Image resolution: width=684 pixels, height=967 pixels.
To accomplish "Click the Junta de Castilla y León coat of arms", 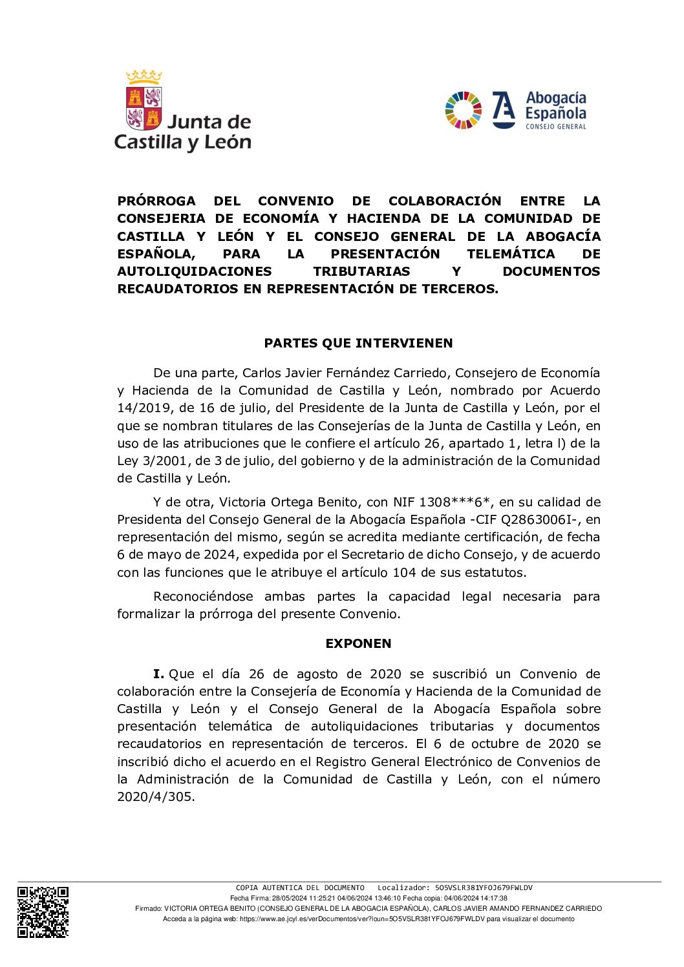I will tap(144, 101).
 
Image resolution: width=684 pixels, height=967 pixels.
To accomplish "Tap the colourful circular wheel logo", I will tap(463, 110).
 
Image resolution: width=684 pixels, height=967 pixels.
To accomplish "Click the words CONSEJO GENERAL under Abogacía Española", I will tap(555, 127).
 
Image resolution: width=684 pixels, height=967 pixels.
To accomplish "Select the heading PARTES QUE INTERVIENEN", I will tap(358, 343).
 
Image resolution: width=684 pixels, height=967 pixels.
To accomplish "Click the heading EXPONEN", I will tap(358, 643).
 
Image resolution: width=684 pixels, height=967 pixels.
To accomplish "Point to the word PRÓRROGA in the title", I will tap(156, 201).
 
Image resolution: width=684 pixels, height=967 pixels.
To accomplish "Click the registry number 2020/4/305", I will tap(155, 796).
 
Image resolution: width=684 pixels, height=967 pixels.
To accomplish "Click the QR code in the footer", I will tap(43, 911).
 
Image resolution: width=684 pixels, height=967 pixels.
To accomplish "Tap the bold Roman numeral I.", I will tap(158, 674).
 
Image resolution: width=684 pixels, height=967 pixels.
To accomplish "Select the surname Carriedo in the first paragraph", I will tap(422, 373).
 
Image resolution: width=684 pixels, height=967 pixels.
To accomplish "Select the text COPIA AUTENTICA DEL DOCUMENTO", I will tap(300, 888).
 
